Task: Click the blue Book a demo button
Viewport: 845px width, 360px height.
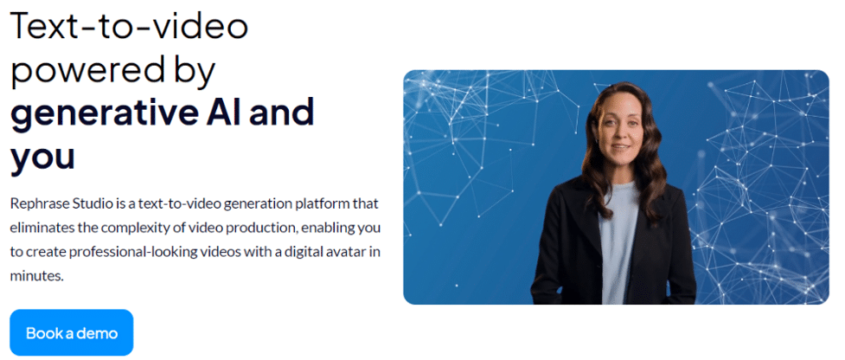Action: pyautogui.click(x=71, y=332)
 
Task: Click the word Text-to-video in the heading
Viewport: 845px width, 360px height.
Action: pyautogui.click(x=130, y=26)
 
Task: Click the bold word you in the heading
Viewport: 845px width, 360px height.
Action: pyautogui.click(x=43, y=157)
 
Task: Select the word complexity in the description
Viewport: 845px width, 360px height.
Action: pyautogui.click(x=132, y=228)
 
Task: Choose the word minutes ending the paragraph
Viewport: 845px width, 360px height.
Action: pyautogui.click(x=37, y=276)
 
